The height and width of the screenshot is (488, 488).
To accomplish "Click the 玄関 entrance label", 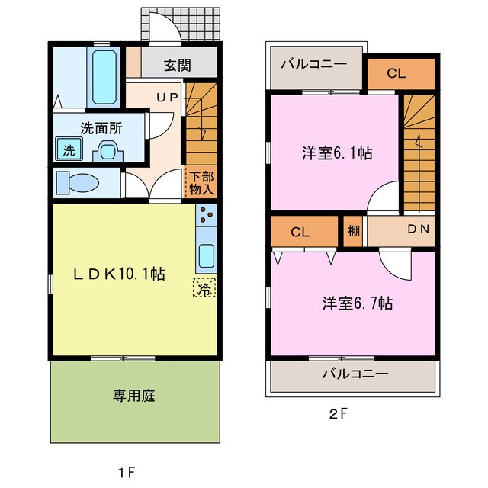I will (x=177, y=65).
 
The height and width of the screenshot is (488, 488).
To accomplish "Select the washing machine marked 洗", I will (x=69, y=150).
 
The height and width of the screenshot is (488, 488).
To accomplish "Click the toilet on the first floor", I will (x=79, y=183).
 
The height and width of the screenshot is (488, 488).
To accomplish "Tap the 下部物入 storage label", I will (x=201, y=183).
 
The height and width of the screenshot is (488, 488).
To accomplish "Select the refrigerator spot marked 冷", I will (x=203, y=288).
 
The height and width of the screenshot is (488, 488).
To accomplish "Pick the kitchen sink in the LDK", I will (x=206, y=255).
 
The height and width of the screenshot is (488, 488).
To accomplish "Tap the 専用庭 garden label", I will (x=134, y=396).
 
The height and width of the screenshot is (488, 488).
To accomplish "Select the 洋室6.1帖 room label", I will (x=334, y=152).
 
